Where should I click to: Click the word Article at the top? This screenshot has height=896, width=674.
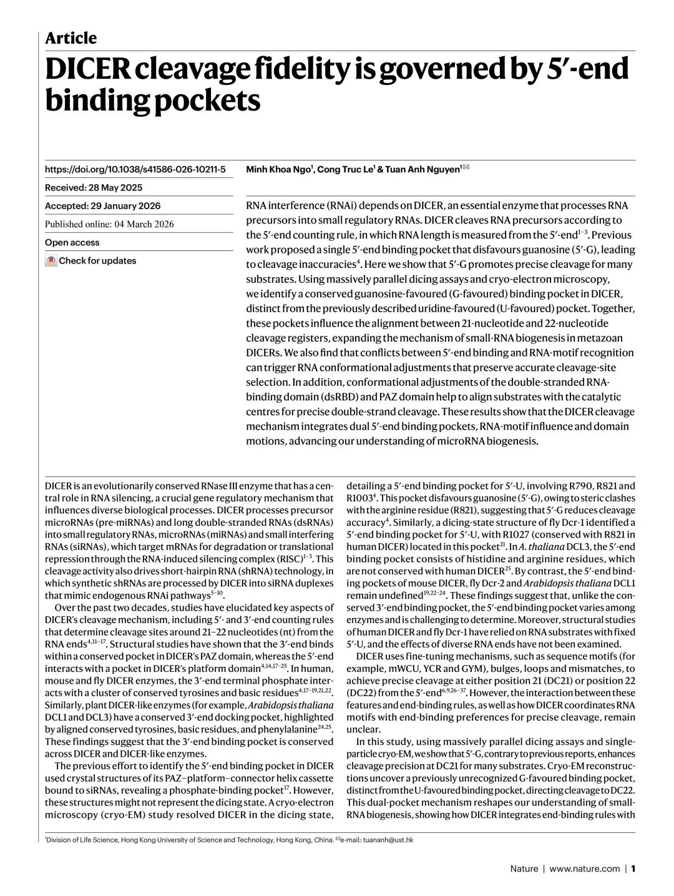click(71, 38)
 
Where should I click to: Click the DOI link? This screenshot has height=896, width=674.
click(135, 169)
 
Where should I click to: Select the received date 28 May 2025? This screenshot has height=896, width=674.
click(116, 187)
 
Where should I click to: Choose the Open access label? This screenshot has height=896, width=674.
click(72, 242)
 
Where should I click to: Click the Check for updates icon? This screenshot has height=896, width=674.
click(51, 261)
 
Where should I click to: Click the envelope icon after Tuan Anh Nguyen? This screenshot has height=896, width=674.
click(466, 168)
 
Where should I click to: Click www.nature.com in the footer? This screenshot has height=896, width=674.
click(584, 868)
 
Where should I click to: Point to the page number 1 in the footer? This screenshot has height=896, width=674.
click(632, 868)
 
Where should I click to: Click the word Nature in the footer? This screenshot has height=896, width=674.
click(524, 868)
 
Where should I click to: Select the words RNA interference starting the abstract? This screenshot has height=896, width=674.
click(285, 205)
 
